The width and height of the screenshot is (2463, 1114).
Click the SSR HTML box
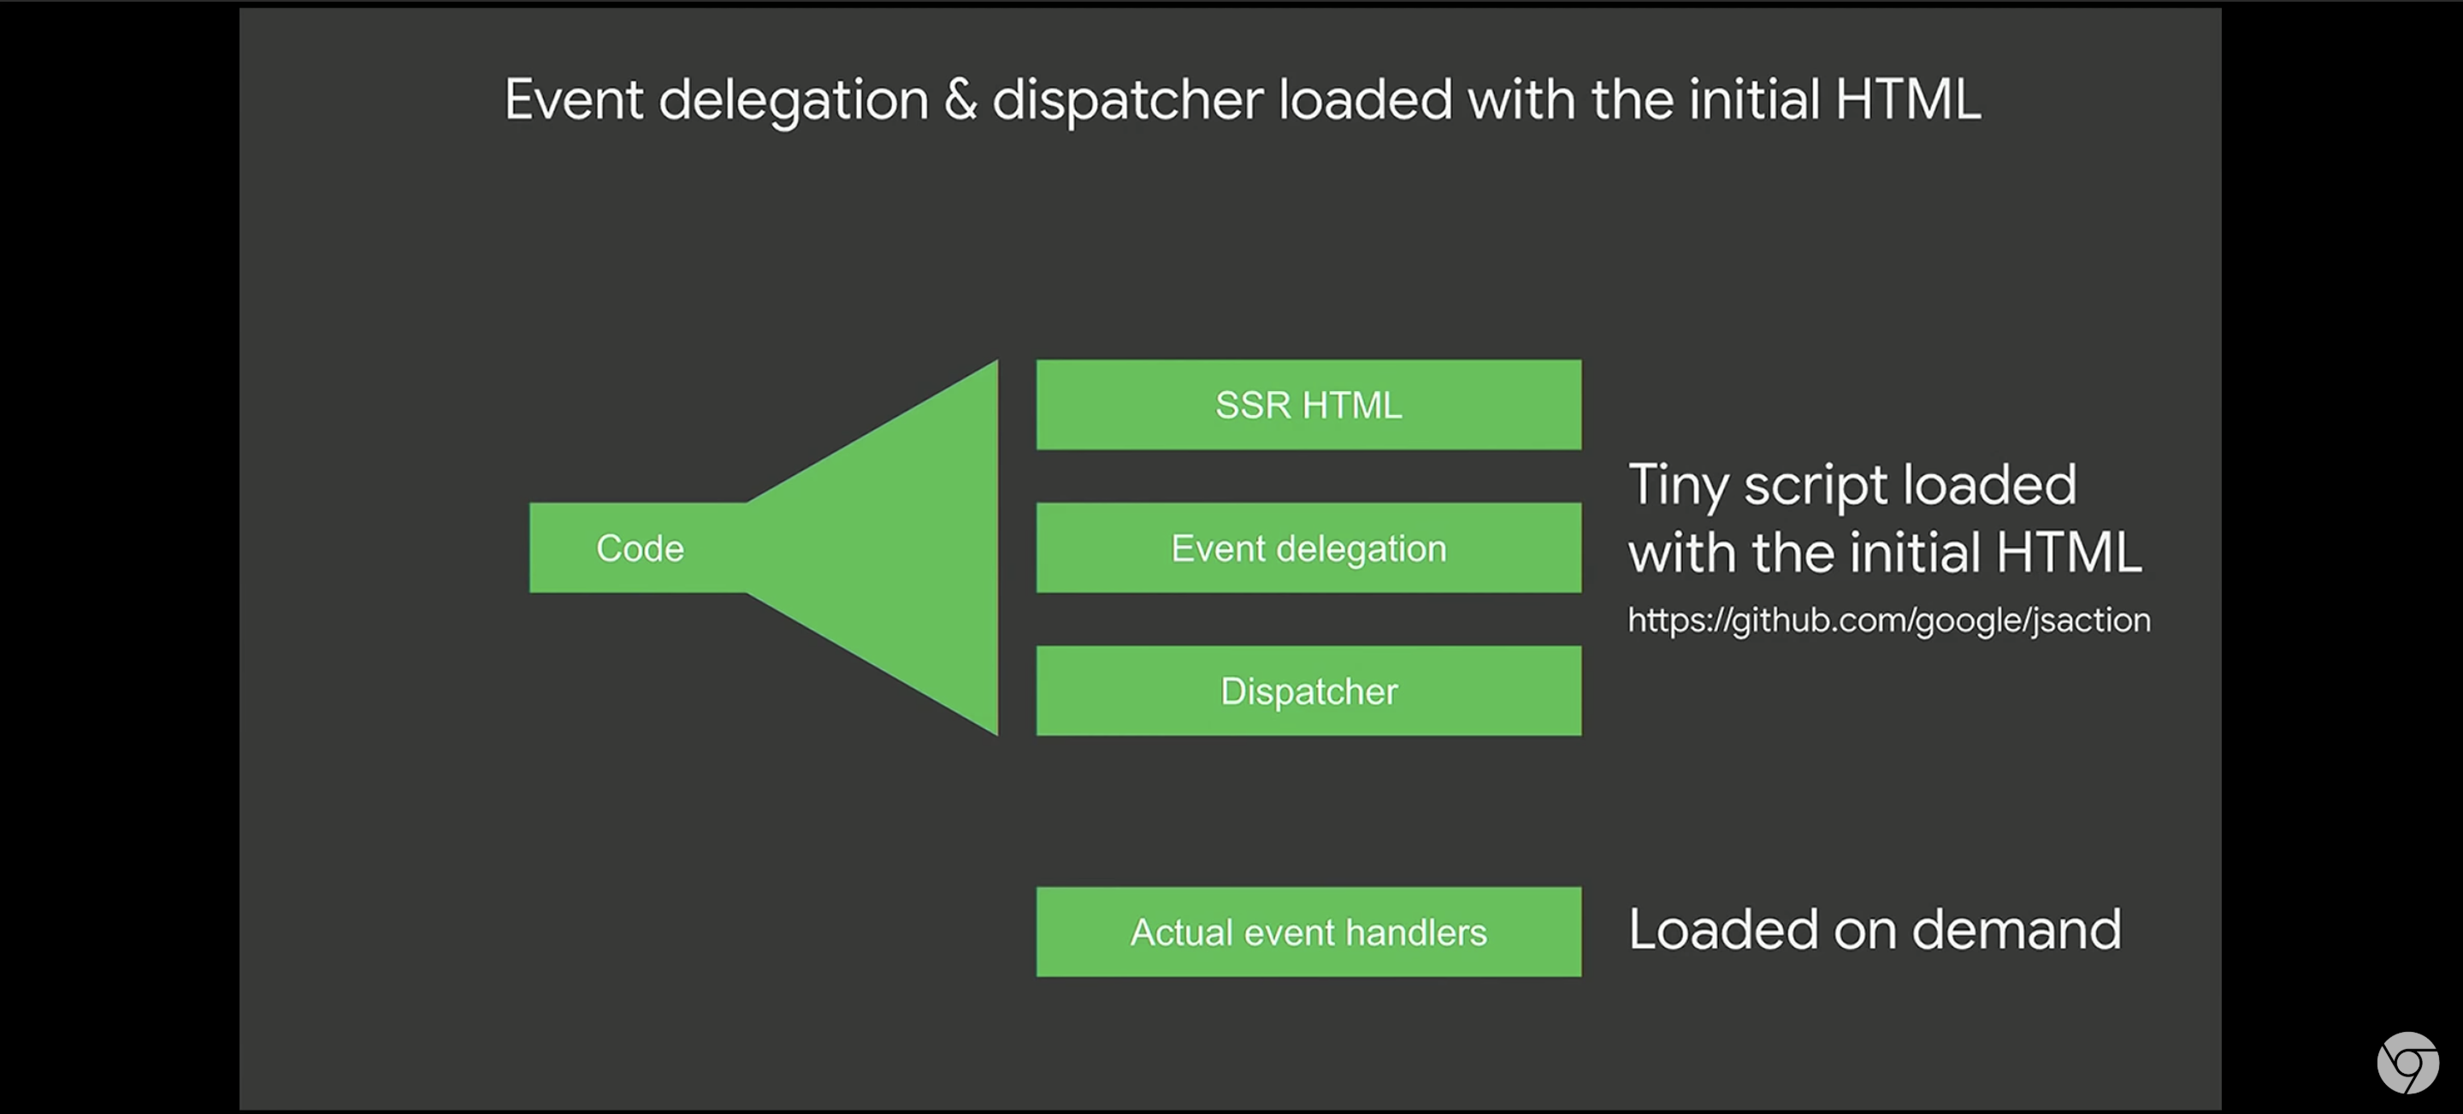1308,405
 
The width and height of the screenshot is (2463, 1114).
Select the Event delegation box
1308,548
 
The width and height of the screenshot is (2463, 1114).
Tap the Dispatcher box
1308,690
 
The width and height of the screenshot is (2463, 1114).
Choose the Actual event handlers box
1308,933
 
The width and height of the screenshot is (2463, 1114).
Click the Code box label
640,548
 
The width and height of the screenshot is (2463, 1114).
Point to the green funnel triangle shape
872,548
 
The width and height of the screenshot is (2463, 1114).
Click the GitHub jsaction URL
1889,620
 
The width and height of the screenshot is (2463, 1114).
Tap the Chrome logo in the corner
2407,1063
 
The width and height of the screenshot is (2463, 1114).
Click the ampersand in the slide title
960,99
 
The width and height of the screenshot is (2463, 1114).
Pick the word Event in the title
574,99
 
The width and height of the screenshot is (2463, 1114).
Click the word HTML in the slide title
1907,99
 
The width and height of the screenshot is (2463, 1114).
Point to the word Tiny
1679,486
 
